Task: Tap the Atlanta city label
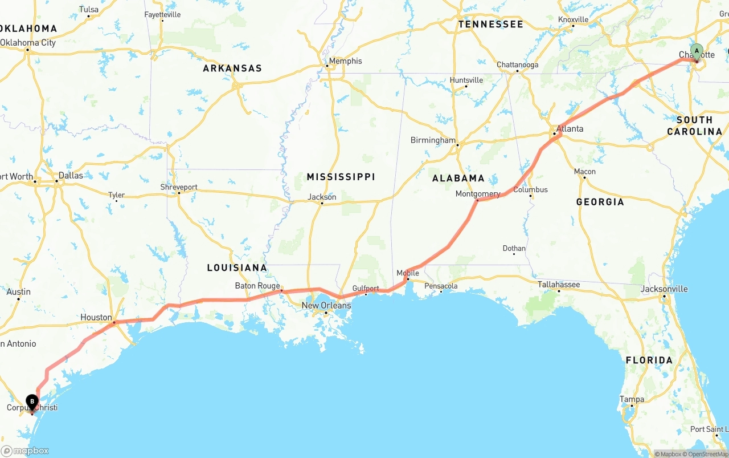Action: click(x=570, y=128)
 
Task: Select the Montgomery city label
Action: click(x=477, y=194)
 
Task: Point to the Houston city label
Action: click(x=96, y=317)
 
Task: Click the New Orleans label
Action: click(x=326, y=305)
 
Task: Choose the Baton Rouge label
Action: click(x=257, y=286)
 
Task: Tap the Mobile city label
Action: click(x=408, y=273)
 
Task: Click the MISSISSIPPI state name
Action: click(x=341, y=177)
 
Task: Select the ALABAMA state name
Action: click(x=458, y=178)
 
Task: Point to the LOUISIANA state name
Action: click(x=236, y=267)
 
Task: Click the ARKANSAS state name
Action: click(x=232, y=68)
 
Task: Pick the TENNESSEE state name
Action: click(x=490, y=25)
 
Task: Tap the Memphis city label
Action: click(x=345, y=61)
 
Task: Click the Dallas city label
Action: click(x=71, y=175)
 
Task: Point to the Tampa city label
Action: click(x=632, y=399)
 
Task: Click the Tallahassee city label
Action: click(x=559, y=284)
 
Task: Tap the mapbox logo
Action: click(x=25, y=451)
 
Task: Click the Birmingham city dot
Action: click(x=457, y=145)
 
